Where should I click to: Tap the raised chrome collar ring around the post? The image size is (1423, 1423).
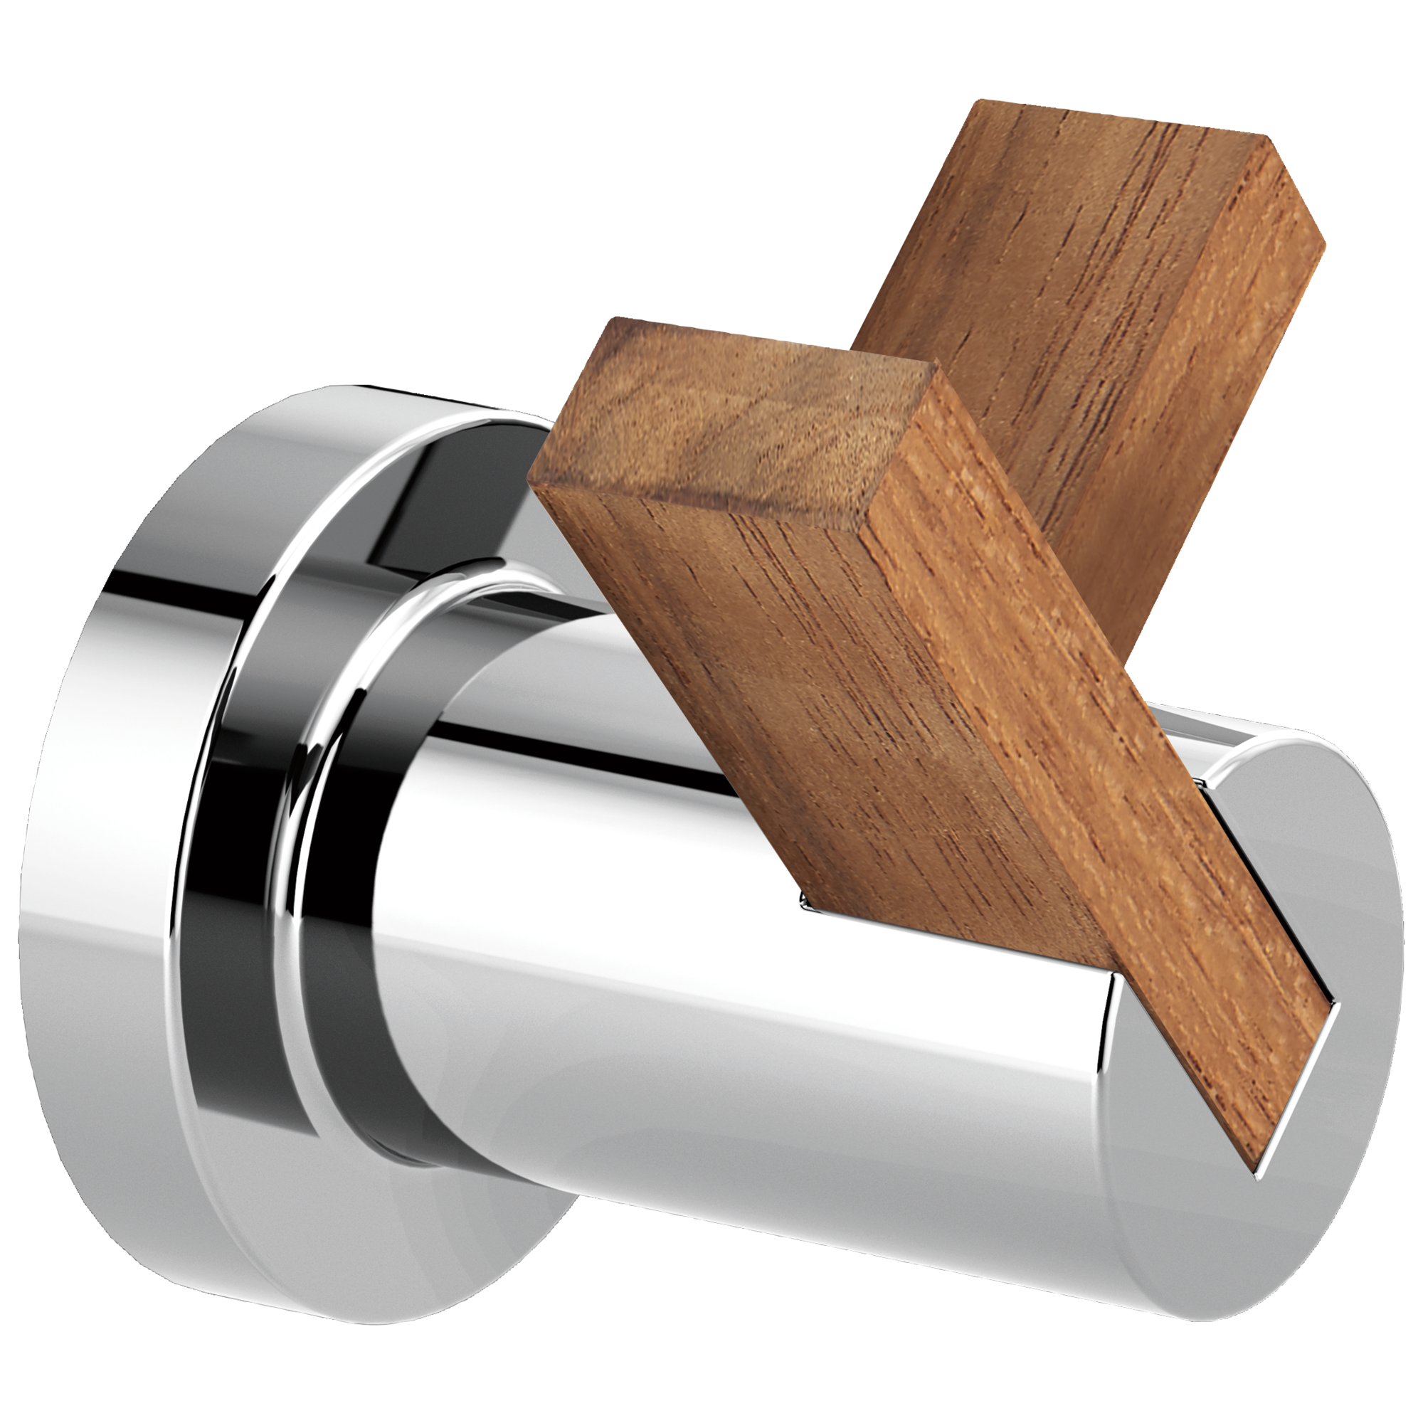coord(347,736)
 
